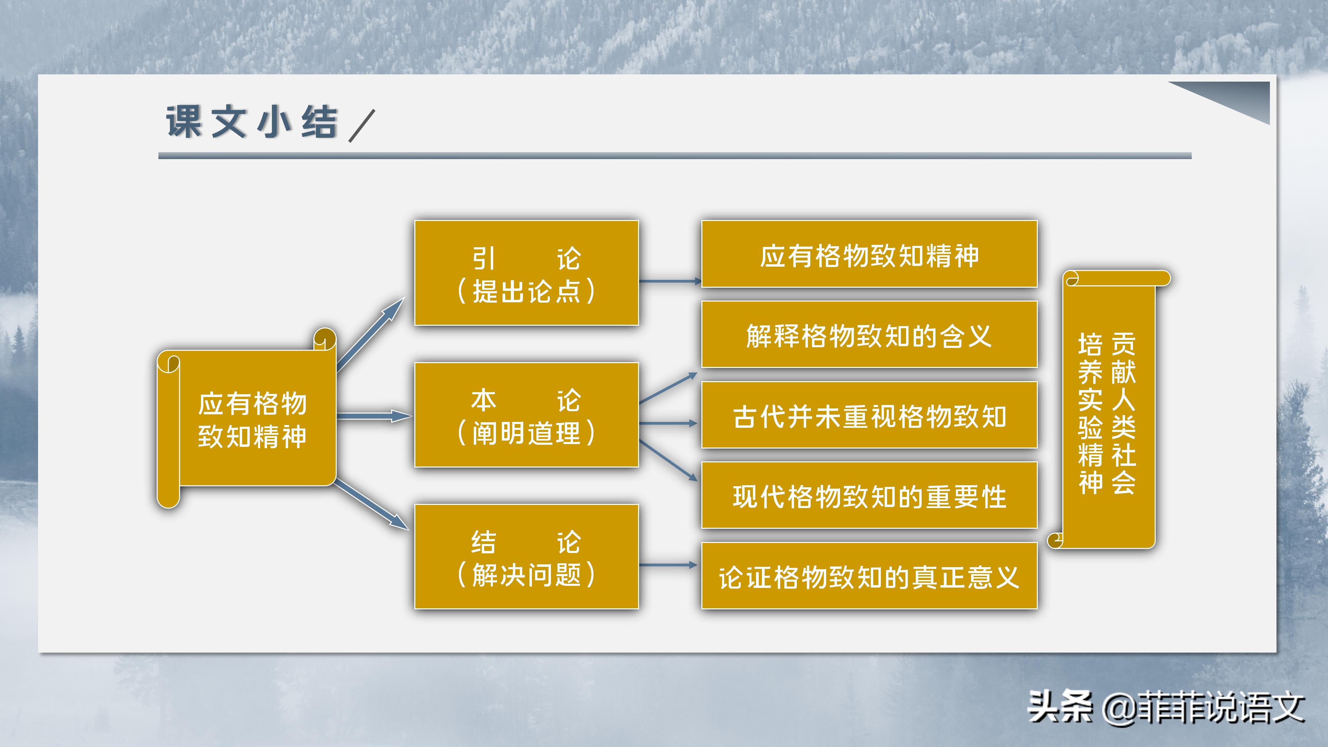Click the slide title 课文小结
click(251, 123)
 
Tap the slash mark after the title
click(362, 125)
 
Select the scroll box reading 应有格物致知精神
click(252, 418)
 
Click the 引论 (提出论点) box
click(526, 273)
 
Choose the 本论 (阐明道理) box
click(526, 415)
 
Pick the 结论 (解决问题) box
click(526, 557)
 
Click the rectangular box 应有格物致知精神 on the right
click(869, 254)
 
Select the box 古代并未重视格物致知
click(869, 415)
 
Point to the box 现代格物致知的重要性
click(869, 496)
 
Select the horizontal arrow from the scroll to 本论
click(374, 415)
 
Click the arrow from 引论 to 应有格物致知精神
click(670, 281)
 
